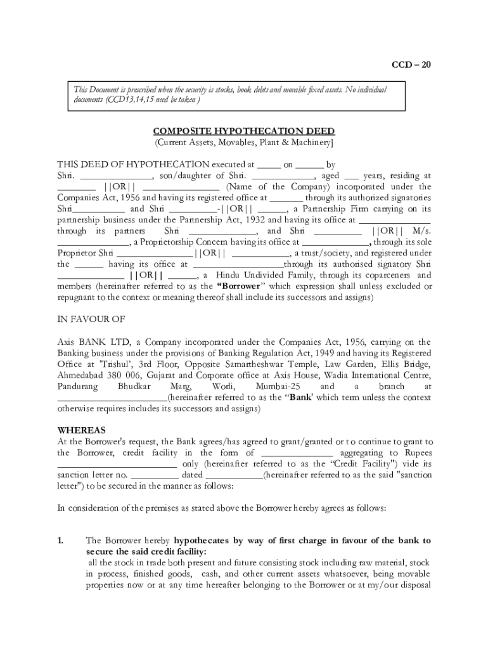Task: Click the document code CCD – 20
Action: point(411,65)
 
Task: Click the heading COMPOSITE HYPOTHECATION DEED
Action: point(243,131)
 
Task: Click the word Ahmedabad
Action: point(80,375)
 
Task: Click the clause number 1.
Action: point(60,541)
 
